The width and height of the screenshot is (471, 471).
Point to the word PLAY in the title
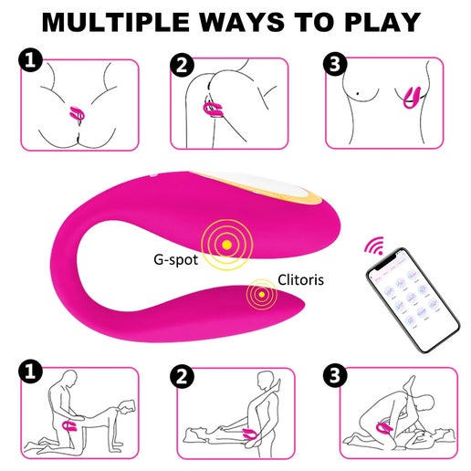(x=382, y=22)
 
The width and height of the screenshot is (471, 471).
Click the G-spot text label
(x=175, y=259)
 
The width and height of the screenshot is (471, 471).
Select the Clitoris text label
(x=300, y=280)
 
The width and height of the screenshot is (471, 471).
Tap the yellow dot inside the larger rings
(x=227, y=245)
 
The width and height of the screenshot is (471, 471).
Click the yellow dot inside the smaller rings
(x=261, y=294)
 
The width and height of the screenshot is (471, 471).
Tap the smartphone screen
(x=413, y=299)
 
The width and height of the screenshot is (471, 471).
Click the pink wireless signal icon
(x=374, y=246)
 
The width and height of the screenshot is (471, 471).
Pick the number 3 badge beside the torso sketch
(x=335, y=65)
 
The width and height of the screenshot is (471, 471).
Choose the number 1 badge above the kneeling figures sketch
(x=30, y=372)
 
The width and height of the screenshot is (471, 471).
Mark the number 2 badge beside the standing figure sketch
(x=182, y=377)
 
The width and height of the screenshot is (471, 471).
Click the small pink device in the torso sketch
(x=413, y=98)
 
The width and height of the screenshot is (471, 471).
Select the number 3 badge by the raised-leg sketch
(x=335, y=376)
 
